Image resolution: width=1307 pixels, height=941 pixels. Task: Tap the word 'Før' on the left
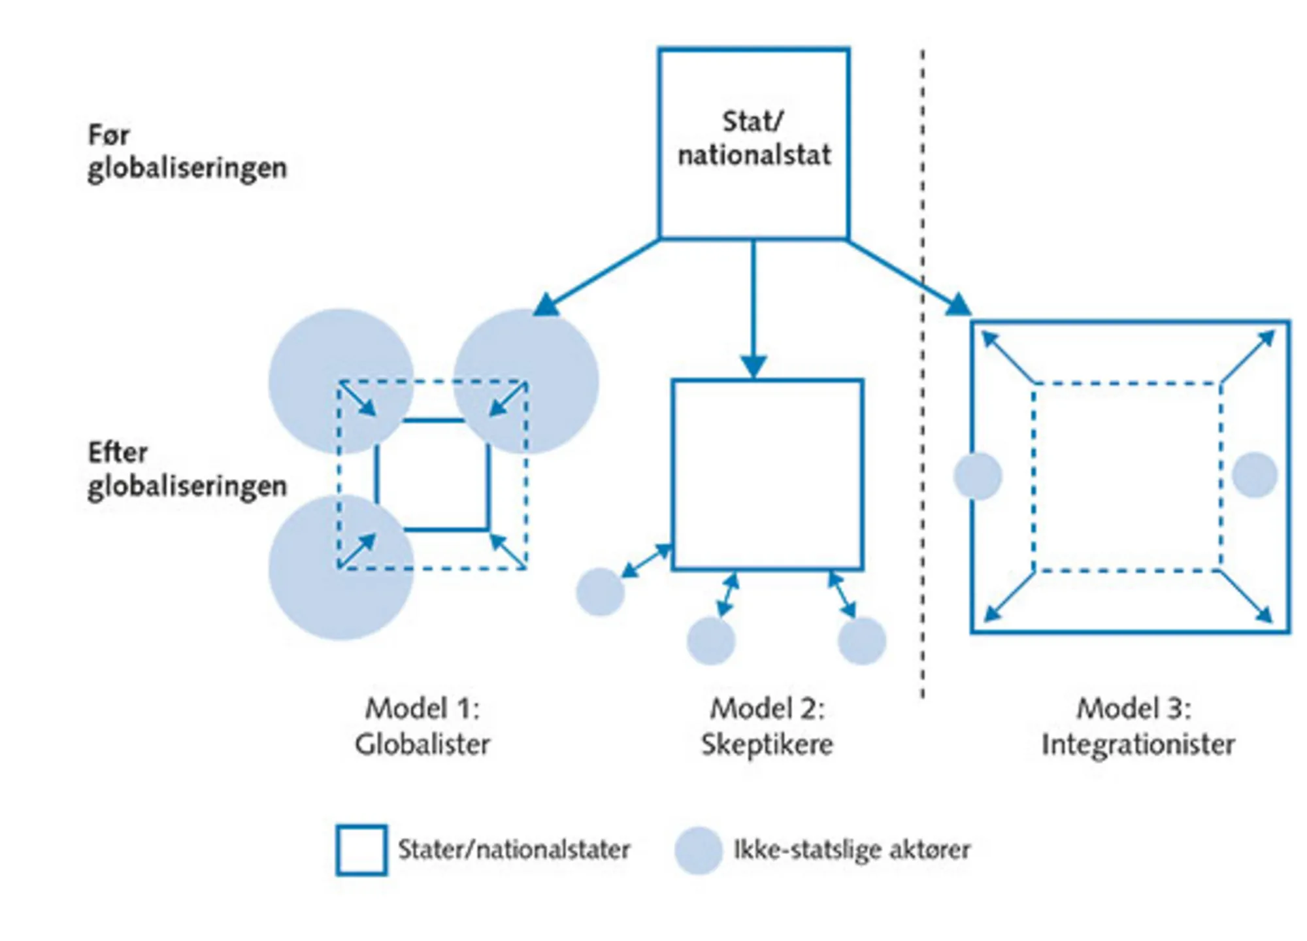(108, 135)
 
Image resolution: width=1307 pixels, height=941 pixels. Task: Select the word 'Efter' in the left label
(118, 452)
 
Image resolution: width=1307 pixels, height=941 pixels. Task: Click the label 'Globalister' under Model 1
(422, 744)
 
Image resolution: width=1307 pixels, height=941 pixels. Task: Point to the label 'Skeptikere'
(767, 744)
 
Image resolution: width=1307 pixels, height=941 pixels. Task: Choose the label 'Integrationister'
(1138, 744)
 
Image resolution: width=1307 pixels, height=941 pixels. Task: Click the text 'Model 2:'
(767, 709)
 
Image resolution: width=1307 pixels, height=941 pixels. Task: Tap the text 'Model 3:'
(1134, 709)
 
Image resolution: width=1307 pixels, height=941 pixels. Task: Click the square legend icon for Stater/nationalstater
(361, 850)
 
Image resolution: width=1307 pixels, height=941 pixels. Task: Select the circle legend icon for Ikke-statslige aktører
(699, 850)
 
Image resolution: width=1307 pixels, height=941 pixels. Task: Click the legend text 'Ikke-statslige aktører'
(852, 850)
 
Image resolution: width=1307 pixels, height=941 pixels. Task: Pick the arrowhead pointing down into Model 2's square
(754, 367)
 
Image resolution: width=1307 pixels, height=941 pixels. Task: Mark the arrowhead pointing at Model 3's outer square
(959, 305)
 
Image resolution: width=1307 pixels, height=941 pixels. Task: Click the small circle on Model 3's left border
(978, 476)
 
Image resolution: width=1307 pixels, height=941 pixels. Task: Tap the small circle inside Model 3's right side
(1255, 475)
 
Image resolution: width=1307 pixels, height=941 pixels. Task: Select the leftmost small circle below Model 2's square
(600, 591)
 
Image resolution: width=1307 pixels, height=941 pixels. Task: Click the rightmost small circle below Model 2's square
(862, 640)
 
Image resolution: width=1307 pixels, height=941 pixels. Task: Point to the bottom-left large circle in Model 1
(341, 567)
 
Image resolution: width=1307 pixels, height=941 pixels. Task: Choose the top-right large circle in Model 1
(526, 382)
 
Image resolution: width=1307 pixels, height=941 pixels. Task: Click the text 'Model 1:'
(422, 709)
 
